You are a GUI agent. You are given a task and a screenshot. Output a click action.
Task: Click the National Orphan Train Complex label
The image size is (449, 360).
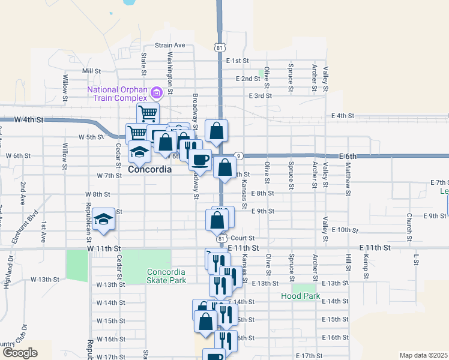pos(117,94)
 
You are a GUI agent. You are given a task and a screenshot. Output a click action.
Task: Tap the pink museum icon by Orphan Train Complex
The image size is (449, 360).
pos(157,92)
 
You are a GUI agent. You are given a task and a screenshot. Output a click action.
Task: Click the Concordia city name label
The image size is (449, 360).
pos(150,170)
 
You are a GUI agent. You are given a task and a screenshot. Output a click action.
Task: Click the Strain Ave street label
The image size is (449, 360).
pos(170,45)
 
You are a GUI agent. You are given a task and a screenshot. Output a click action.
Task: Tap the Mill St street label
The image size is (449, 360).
pos(91,71)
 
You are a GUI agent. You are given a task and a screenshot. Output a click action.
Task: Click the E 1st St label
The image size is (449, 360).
pos(238,61)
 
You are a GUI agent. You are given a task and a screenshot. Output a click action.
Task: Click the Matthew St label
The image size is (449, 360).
pos(348,177)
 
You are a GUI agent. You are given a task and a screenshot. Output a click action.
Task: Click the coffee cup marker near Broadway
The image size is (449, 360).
pos(200,160)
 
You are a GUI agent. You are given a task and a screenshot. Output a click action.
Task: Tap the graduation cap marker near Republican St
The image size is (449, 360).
pos(104,220)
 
